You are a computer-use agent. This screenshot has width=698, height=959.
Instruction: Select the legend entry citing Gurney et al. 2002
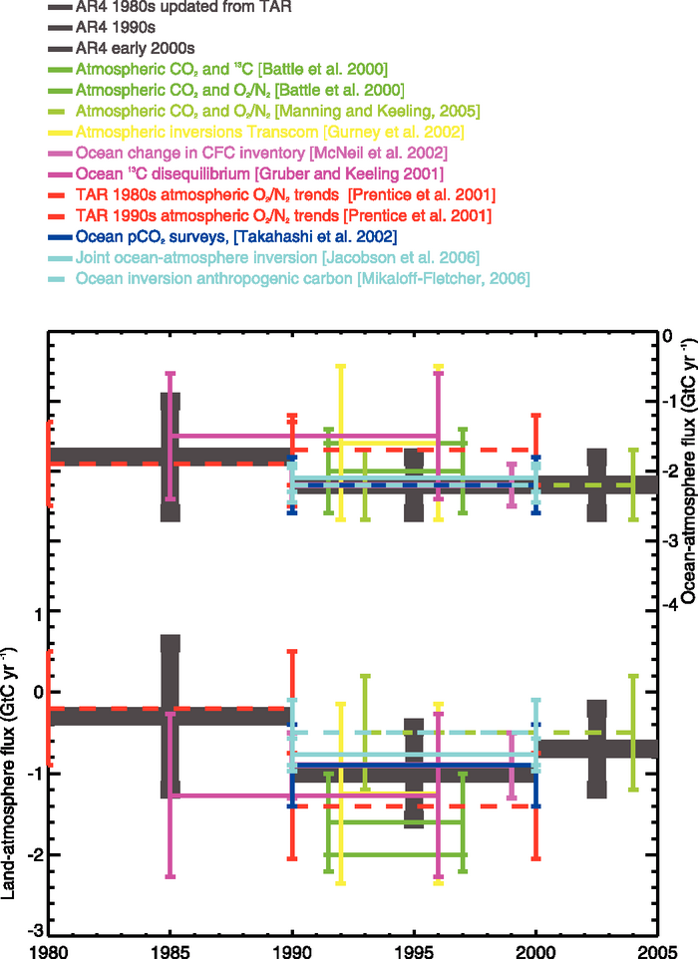pos(270,132)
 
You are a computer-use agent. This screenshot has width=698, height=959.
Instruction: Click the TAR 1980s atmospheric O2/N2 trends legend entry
pos(285,194)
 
